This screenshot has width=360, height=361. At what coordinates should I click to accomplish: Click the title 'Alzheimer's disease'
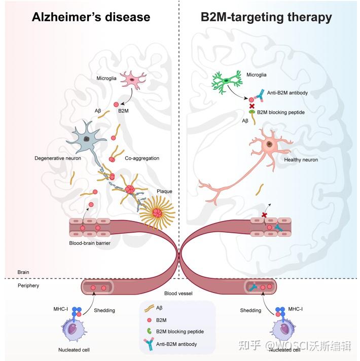91,17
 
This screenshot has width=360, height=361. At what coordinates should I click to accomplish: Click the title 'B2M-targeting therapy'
266,17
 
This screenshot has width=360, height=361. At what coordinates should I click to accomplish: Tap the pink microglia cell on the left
133,80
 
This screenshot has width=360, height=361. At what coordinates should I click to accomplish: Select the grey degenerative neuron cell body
87,139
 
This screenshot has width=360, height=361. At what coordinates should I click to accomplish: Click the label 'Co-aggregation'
142,158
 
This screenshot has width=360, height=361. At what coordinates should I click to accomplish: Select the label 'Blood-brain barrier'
90,244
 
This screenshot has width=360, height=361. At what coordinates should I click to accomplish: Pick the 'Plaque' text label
165,192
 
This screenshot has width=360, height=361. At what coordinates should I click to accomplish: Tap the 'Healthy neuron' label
301,160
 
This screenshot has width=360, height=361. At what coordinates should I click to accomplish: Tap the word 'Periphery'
28,285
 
